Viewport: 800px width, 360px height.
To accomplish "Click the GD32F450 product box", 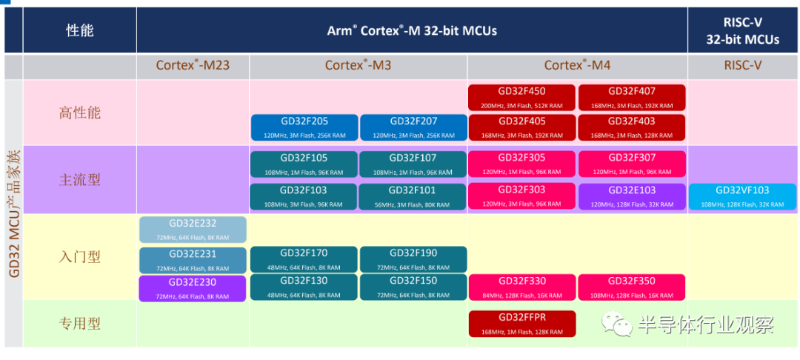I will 521,97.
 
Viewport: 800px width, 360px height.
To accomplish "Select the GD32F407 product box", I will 632,97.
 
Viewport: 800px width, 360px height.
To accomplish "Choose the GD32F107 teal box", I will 413,164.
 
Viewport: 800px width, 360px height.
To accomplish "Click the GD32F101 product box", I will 413,196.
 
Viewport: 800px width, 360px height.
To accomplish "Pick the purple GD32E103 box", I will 632,196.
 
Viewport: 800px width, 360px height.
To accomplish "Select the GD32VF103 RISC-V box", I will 743,196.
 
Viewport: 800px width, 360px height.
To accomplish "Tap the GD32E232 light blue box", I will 193,230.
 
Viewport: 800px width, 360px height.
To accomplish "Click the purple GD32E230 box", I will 193,288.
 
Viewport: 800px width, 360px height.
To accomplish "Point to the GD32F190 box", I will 413,259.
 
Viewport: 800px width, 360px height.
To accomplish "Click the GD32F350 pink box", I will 632,287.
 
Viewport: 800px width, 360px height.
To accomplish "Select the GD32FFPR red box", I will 521,324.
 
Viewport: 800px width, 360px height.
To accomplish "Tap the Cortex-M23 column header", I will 193,65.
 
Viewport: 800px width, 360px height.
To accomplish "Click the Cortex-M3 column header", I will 358,65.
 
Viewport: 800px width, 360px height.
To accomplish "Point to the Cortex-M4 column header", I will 577,65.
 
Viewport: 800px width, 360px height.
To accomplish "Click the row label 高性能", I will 79,113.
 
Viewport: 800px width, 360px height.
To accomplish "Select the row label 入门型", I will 79,257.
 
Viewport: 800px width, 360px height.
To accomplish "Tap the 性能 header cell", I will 80,30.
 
